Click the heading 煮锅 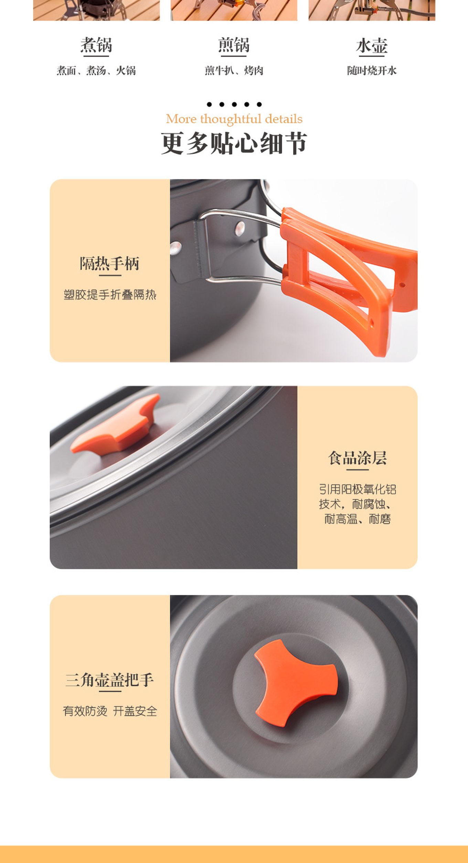[96, 45]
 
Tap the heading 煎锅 [234, 45]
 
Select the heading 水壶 [372, 46]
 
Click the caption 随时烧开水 [372, 70]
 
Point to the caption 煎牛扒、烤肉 [234, 70]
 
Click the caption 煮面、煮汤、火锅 [96, 70]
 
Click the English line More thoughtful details [234, 119]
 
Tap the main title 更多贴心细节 [234, 143]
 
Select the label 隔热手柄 [110, 263]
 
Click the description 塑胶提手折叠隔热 [110, 295]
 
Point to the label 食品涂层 [358, 458]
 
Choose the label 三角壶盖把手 [110, 679]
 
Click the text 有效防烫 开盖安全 [110, 711]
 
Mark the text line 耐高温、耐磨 [358, 519]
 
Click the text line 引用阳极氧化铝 [358, 489]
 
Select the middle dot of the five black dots [234, 104]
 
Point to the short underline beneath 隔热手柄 [110, 275]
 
